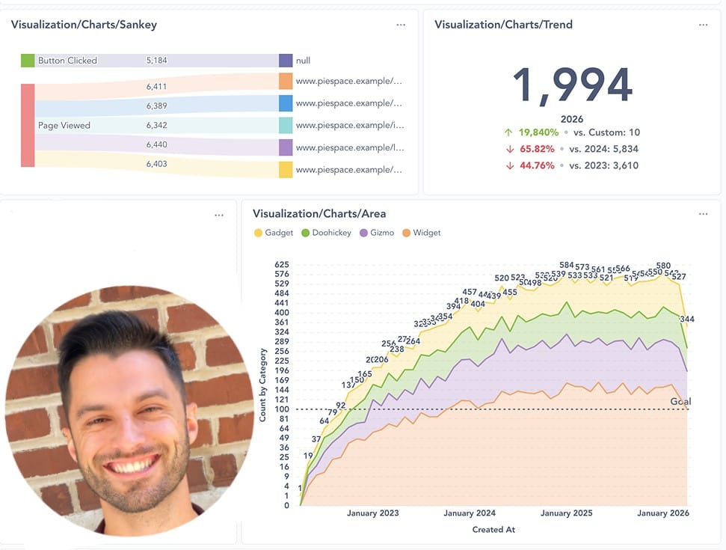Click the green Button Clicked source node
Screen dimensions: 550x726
click(x=28, y=61)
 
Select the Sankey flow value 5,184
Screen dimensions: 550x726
click(x=157, y=61)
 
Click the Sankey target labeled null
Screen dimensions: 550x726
click(x=303, y=61)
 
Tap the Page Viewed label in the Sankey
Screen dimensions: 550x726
click(x=64, y=126)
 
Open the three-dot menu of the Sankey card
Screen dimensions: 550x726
click(x=401, y=25)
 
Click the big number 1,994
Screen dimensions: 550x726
click(x=572, y=85)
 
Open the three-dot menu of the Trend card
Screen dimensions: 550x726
click(x=703, y=25)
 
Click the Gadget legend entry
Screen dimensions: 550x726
click(x=274, y=233)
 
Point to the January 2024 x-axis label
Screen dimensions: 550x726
click(x=470, y=513)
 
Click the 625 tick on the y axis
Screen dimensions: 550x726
click(x=281, y=265)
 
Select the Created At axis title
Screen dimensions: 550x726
click(x=493, y=530)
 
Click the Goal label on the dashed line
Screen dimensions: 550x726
click(x=680, y=402)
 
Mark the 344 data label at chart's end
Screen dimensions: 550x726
click(x=686, y=320)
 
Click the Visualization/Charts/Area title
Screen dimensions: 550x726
click(x=319, y=214)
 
